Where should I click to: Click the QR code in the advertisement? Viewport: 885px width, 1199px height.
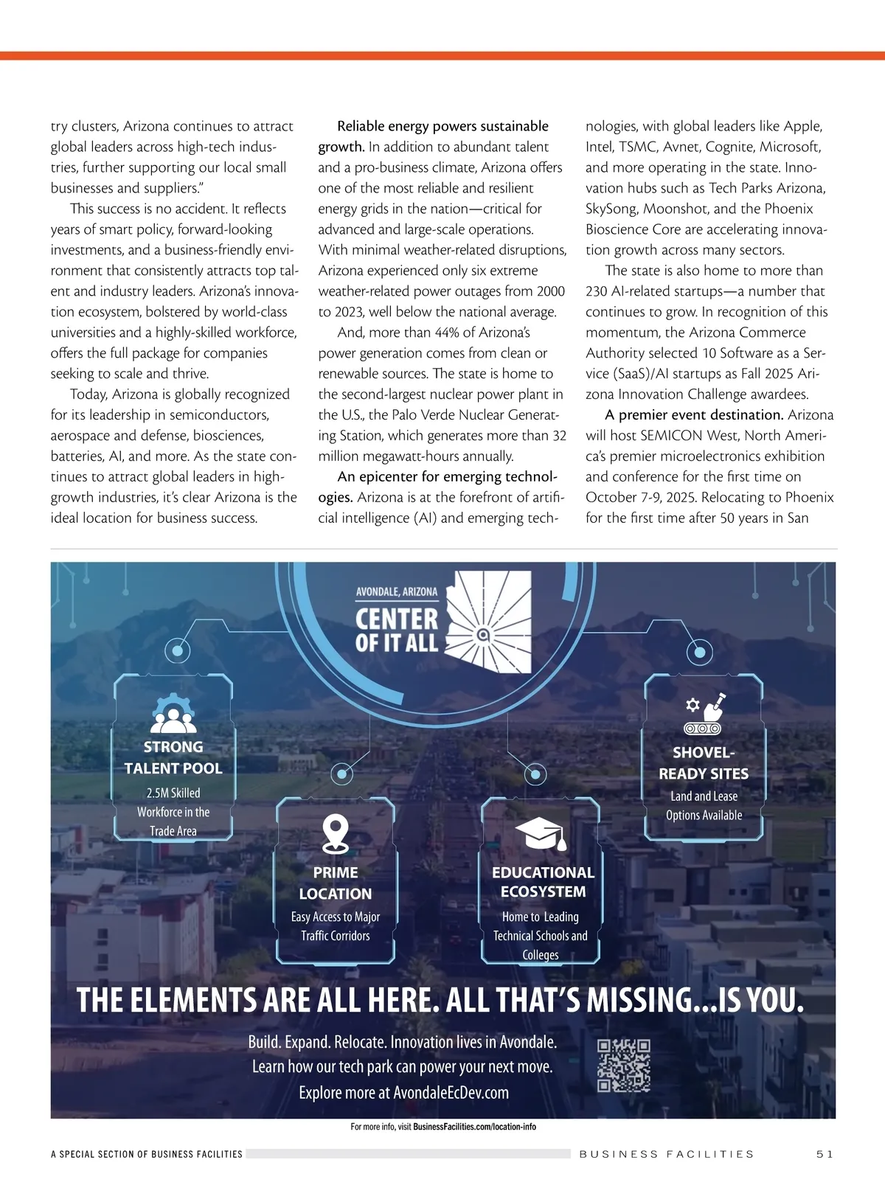click(x=623, y=1066)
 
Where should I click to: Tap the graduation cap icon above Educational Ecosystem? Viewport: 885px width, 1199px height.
click(x=541, y=834)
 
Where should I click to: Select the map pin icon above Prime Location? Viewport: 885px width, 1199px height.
click(x=336, y=834)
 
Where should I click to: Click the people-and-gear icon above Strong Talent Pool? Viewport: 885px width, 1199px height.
click(x=173, y=712)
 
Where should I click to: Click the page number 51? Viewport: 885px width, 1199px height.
click(x=825, y=1154)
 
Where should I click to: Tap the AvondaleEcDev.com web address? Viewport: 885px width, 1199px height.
click(x=451, y=1093)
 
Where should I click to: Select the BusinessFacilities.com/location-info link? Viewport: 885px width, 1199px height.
click(x=474, y=1127)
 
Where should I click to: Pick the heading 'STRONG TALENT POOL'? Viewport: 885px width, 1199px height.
click(x=173, y=757)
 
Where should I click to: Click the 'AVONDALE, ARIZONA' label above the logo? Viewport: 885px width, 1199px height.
click(x=397, y=591)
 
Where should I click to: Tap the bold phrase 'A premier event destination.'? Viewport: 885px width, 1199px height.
click(x=694, y=415)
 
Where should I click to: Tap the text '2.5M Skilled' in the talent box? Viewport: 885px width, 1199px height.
click(x=173, y=793)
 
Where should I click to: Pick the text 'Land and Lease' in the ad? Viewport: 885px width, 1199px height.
click(x=704, y=796)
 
